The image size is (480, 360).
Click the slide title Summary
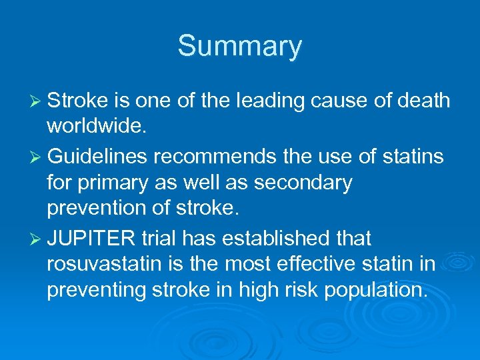click(239, 46)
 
